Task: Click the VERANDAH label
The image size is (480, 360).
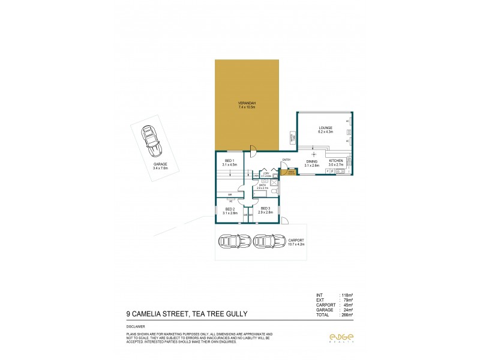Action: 247,105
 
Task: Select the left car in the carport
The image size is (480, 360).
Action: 230,241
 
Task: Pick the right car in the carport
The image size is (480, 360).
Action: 266,241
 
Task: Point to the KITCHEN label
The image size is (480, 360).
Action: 335,161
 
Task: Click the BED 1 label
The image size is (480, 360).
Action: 230,161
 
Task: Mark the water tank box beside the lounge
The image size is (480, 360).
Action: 293,137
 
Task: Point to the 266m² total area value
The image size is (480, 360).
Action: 347,314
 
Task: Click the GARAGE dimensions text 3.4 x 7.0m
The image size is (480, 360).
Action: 160,169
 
